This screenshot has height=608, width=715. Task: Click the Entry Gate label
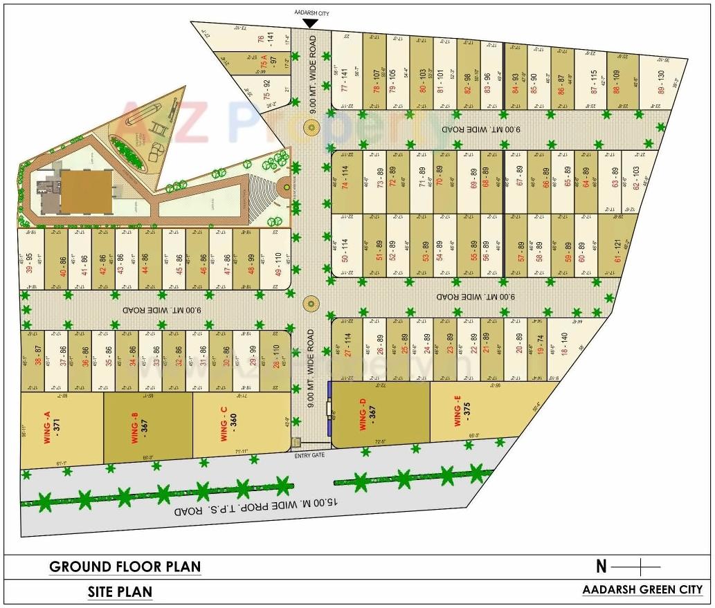click(309, 454)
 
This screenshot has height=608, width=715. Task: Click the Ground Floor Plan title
click(125, 567)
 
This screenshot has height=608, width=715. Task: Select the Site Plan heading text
click(120, 592)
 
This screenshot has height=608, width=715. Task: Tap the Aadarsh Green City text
click(642, 590)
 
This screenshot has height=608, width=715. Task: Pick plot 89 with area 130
click(661, 84)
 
